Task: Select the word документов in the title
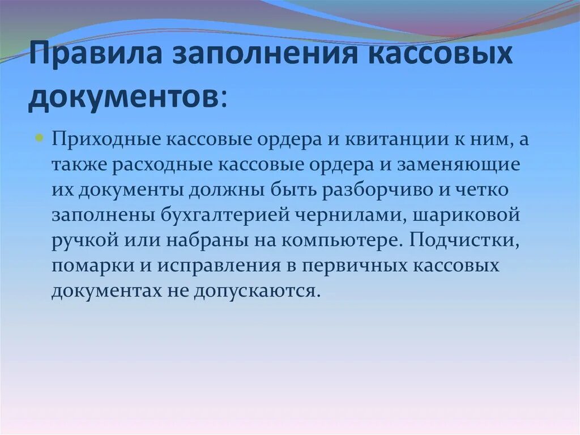click(122, 97)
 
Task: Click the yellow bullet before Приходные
click(40, 138)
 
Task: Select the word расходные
click(163, 165)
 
